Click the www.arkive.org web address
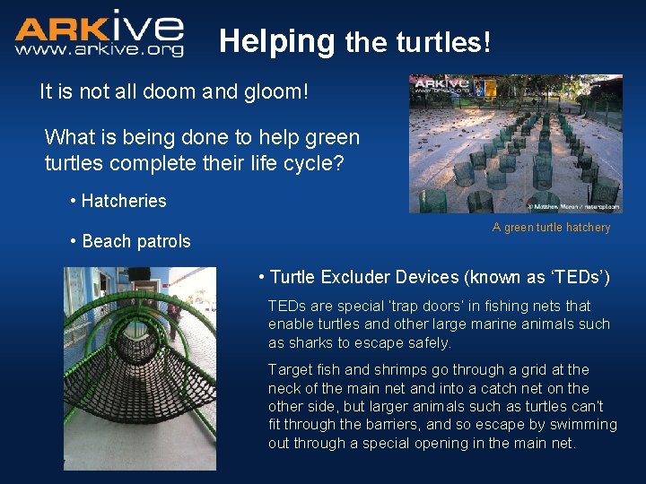tap(99, 50)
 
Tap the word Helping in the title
tap(276, 41)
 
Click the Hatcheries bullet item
tap(123, 201)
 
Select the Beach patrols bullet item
tap(135, 241)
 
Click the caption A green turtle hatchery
tap(551, 228)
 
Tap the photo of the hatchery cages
tap(515, 143)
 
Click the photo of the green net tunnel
tap(140, 367)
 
